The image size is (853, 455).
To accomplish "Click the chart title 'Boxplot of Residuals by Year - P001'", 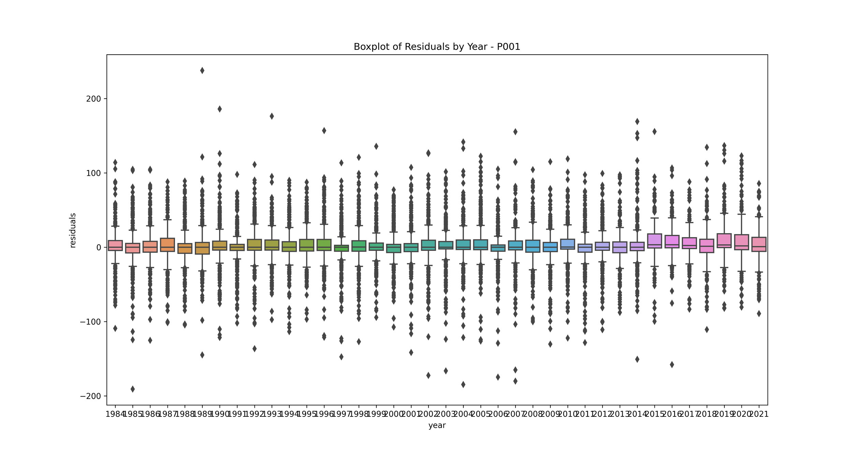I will click(437, 47).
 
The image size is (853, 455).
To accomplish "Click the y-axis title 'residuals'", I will click(73, 230).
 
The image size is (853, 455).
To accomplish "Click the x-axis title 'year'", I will click(437, 425).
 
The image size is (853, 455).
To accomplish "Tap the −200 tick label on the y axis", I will click(91, 396).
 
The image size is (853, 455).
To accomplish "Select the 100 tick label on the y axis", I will click(93, 173).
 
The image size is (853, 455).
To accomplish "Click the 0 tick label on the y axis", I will click(99, 247).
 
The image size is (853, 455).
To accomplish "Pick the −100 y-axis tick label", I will click(91, 322).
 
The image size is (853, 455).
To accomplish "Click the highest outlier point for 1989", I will click(202, 71).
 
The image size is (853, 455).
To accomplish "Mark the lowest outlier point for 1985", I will click(133, 389).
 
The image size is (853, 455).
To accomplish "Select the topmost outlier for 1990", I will click(220, 109).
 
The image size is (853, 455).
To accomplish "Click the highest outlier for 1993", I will click(272, 116).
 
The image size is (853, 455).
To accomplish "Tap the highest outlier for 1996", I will click(324, 131).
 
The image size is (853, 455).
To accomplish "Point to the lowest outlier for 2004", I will click(463, 385).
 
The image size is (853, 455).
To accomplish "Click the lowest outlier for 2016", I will click(672, 365).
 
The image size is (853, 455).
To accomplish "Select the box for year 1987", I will click(168, 245).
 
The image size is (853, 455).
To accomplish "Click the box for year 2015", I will click(654, 241).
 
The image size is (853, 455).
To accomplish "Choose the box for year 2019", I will click(724, 241).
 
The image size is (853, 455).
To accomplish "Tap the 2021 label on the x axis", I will click(759, 414).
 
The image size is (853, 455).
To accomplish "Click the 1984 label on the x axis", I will click(115, 414).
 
